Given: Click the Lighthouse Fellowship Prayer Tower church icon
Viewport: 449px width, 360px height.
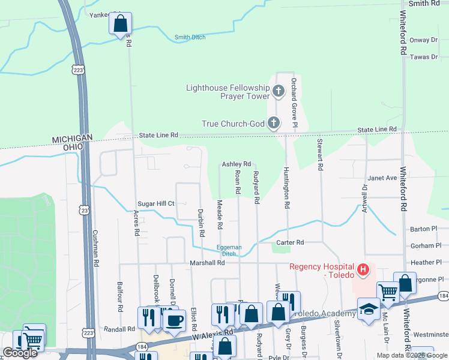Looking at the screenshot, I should (x=278, y=91).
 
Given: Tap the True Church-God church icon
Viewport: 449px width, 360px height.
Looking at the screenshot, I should (x=273, y=124).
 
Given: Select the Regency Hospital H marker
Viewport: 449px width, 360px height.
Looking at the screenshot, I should (x=363, y=271).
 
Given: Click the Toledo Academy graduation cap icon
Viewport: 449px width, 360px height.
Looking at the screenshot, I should (x=367, y=309).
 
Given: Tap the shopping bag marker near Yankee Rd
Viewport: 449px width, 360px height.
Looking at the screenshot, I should (x=120, y=24).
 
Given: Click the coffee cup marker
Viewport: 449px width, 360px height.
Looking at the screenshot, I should (x=173, y=320).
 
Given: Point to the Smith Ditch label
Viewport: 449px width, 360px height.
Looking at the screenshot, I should (x=190, y=37).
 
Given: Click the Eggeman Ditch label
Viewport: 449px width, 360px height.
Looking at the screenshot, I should (x=229, y=250).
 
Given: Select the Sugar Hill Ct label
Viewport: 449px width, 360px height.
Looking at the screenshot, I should (x=155, y=203).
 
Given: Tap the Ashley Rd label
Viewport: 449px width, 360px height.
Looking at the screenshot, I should (x=236, y=164).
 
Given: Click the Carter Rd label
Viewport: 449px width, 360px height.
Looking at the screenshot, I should (x=291, y=242).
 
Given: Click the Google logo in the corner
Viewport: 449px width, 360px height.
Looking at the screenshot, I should (x=20, y=353).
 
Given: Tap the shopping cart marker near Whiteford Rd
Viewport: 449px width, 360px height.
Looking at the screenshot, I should (x=388, y=293).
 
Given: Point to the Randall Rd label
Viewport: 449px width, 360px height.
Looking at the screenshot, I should (x=119, y=329).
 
